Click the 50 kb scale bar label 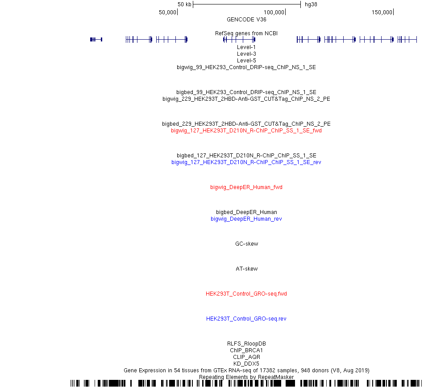tap(184, 4)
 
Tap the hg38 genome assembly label tap(311, 4)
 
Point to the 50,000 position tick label tap(167, 12)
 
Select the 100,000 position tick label tap(274, 12)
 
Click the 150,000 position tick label tap(382, 12)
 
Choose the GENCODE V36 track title tap(246, 20)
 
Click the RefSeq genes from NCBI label tap(246, 33)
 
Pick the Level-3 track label tap(246, 54)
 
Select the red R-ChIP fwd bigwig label tap(246, 131)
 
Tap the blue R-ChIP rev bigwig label tap(246, 162)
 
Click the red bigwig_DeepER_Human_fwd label tap(246, 187)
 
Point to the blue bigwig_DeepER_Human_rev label tap(246, 219)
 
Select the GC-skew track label tap(247, 243)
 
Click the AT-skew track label tap(247, 269)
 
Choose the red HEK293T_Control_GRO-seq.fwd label tap(246, 294)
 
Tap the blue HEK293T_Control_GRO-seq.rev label tap(246, 319)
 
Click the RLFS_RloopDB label tap(246, 343)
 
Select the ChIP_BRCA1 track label tap(246, 350)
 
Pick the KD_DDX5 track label tap(246, 364)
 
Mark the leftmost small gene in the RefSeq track tap(96, 40)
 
